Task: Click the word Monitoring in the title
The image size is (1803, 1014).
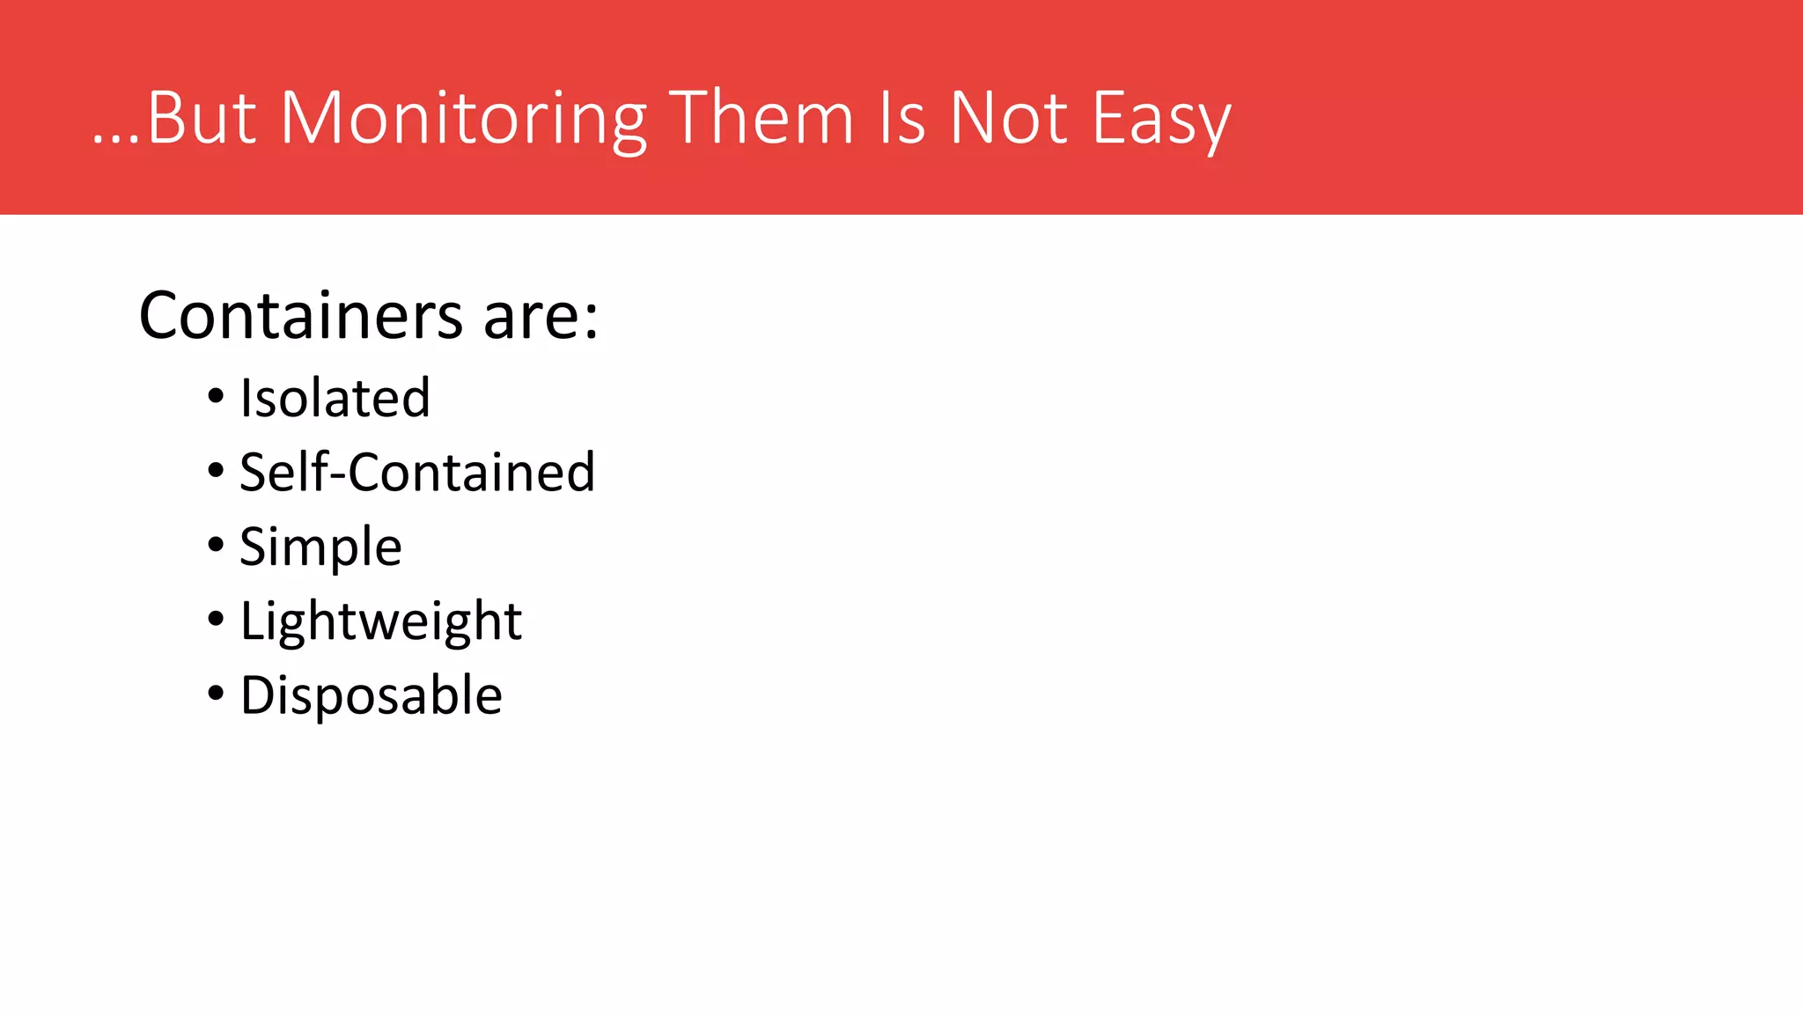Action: tap(463, 119)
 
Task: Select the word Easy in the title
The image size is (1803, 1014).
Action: tap(1161, 119)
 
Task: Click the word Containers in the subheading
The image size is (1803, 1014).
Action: tap(300, 315)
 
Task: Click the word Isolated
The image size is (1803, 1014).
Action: tap(335, 398)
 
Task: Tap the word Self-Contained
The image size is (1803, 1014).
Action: tap(417, 472)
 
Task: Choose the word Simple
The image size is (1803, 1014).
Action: tap(320, 547)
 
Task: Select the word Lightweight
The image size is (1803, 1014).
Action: tap(381, 621)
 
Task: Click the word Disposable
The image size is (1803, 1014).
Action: tap(371, 695)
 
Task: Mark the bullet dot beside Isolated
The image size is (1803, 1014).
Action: tap(216, 397)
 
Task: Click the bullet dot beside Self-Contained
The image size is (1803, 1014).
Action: tap(216, 471)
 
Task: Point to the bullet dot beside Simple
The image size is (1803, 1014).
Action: tap(216, 545)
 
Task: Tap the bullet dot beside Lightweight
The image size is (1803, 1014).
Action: tap(216, 620)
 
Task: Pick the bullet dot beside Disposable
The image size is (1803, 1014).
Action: tap(216, 694)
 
